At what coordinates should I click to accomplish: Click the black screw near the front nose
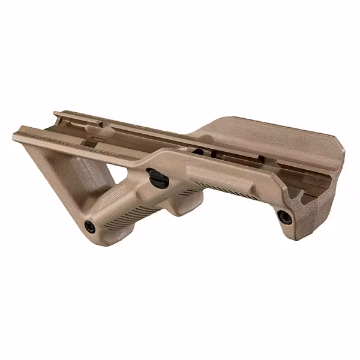pyautogui.click(x=91, y=226)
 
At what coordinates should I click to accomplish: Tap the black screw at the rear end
pyautogui.click(x=282, y=215)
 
